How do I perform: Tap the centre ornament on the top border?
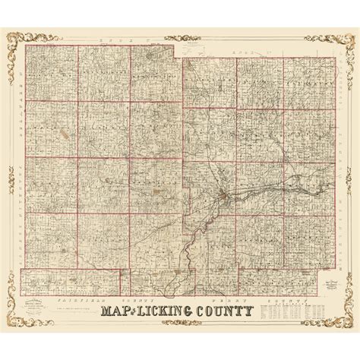[180, 30]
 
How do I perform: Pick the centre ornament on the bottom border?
[180, 328]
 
